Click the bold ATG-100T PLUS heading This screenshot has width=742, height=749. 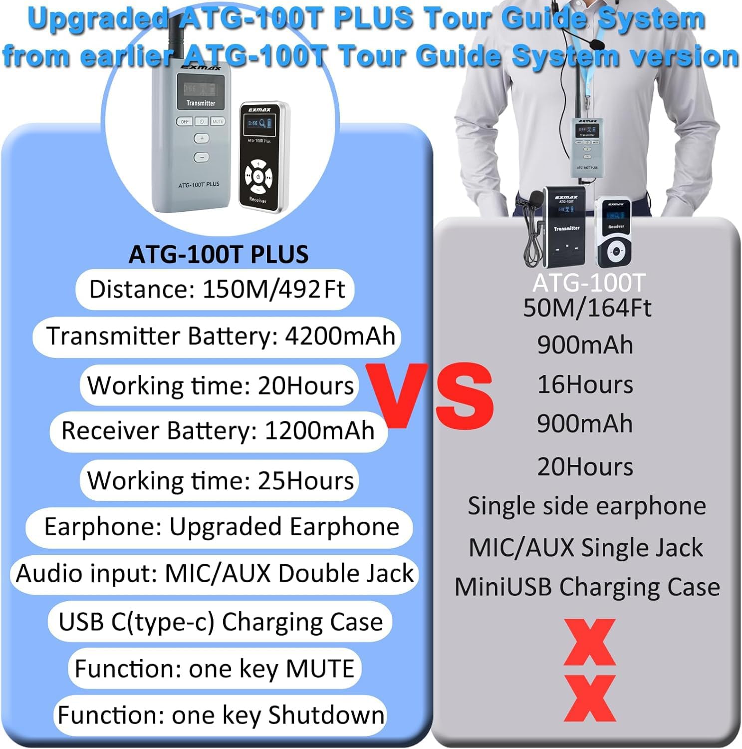tap(219, 254)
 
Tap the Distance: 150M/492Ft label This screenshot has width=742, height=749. tap(216, 289)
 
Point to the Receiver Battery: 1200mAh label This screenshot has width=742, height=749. tap(218, 431)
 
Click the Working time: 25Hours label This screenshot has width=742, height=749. tap(220, 480)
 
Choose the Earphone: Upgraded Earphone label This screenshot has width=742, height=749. tap(221, 527)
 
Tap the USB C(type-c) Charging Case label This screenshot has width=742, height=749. tap(221, 622)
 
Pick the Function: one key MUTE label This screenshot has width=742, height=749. tap(214, 669)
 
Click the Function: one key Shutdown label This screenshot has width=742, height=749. tap(221, 715)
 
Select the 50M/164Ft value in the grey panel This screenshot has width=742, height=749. tap(587, 308)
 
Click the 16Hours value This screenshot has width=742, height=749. tap(585, 385)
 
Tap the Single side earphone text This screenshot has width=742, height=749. tap(586, 506)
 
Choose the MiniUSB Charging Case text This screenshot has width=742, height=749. tap(587, 587)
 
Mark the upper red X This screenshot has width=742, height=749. tap(589, 642)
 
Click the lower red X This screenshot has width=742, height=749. tap(589, 698)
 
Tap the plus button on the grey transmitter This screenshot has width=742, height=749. tap(202, 138)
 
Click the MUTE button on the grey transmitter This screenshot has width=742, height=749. tap(218, 121)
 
